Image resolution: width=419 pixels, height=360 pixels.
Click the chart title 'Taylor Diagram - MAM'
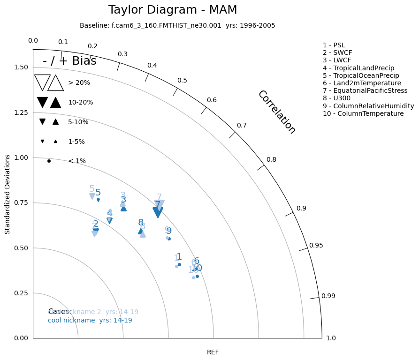tap(173, 10)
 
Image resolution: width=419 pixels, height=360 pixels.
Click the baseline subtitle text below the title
tap(177, 25)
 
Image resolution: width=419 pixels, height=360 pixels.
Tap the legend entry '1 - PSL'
tap(334, 45)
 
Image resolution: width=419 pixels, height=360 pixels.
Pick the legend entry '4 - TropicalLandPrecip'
tap(358, 68)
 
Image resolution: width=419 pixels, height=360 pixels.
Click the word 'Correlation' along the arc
tap(277, 112)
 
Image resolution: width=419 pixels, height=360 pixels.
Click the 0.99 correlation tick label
tap(328, 296)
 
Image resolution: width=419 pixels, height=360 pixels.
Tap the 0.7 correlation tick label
tap(242, 125)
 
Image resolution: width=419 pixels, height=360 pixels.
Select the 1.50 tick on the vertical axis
tap(21, 67)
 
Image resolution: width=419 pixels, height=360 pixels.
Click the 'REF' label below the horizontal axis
tap(213, 352)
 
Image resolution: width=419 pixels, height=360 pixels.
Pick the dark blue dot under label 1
tap(179, 264)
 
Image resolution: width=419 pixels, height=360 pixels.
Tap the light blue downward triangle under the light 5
tap(92, 196)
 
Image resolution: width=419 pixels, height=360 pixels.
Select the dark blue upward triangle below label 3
tap(123, 208)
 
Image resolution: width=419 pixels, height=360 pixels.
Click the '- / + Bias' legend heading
tap(69, 61)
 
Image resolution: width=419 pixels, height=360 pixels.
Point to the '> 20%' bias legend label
tap(79, 82)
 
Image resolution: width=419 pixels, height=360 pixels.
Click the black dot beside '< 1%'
tap(49, 161)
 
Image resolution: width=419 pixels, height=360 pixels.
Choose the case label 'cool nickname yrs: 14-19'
tap(90, 320)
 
